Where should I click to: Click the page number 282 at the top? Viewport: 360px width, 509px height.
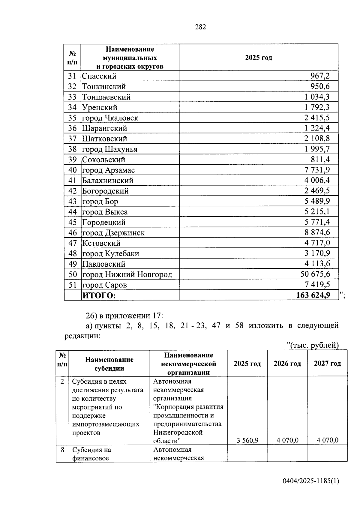[x=200, y=27]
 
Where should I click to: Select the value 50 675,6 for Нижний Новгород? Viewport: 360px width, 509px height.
[x=315, y=274]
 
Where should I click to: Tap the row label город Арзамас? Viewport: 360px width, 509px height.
[x=108, y=170]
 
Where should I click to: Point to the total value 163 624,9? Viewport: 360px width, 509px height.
[x=313, y=295]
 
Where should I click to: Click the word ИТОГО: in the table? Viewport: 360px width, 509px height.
[x=99, y=295]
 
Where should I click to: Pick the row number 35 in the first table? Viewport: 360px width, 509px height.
[x=72, y=118]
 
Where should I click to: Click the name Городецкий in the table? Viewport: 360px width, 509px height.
[x=104, y=222]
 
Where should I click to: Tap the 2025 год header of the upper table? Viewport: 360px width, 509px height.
[x=258, y=58]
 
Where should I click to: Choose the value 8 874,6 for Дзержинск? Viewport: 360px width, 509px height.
[x=317, y=232]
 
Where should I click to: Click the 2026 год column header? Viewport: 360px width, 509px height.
[x=287, y=364]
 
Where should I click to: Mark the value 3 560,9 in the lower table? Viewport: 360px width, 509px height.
[x=247, y=440]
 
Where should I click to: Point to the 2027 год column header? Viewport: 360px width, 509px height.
[x=327, y=364]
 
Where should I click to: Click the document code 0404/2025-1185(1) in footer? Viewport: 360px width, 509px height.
[x=311, y=481]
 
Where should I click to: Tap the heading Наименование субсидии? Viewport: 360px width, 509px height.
[x=109, y=364]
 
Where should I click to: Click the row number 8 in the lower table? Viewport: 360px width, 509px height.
[x=62, y=450]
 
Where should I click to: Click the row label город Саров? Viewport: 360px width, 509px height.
[x=104, y=285]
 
